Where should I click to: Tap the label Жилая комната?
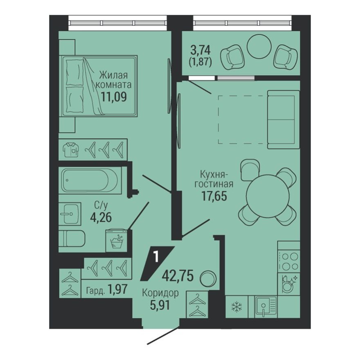pos(114,80)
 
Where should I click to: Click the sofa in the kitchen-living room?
pos(281,119)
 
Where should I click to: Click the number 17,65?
pos(214,195)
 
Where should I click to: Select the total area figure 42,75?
pos(178,274)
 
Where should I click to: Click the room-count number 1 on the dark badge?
pos(155,256)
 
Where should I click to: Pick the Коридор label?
pos(160,292)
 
